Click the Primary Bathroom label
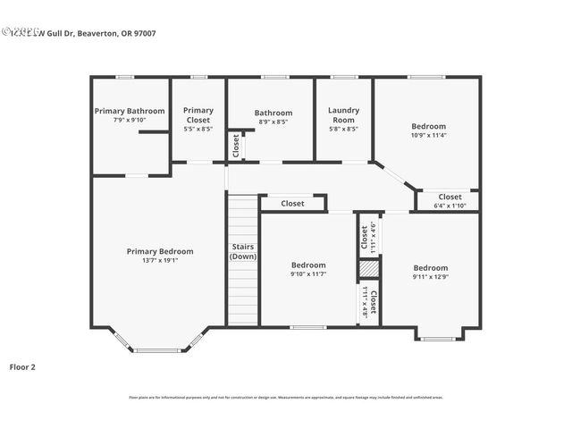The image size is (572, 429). click(130, 111)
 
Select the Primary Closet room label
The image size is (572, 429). click(198, 115)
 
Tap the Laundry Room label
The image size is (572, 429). click(344, 115)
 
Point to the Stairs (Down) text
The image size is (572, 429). click(243, 251)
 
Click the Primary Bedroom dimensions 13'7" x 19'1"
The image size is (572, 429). click(159, 260)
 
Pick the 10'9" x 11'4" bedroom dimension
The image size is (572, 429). click(428, 136)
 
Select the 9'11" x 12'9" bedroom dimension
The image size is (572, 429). click(430, 277)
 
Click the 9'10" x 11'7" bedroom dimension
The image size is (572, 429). click(308, 274)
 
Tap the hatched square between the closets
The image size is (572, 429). click(369, 269)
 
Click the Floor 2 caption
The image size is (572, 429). click(22, 366)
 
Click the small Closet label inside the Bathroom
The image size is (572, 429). click(236, 145)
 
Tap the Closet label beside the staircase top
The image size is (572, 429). click(292, 204)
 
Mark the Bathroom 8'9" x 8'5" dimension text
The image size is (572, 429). click(273, 122)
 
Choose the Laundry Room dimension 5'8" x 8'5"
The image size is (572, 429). click(344, 129)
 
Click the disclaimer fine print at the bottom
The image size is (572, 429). click(286, 397)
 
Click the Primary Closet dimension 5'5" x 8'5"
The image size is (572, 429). click(198, 129)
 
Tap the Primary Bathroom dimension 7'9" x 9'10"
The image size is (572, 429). click(130, 120)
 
